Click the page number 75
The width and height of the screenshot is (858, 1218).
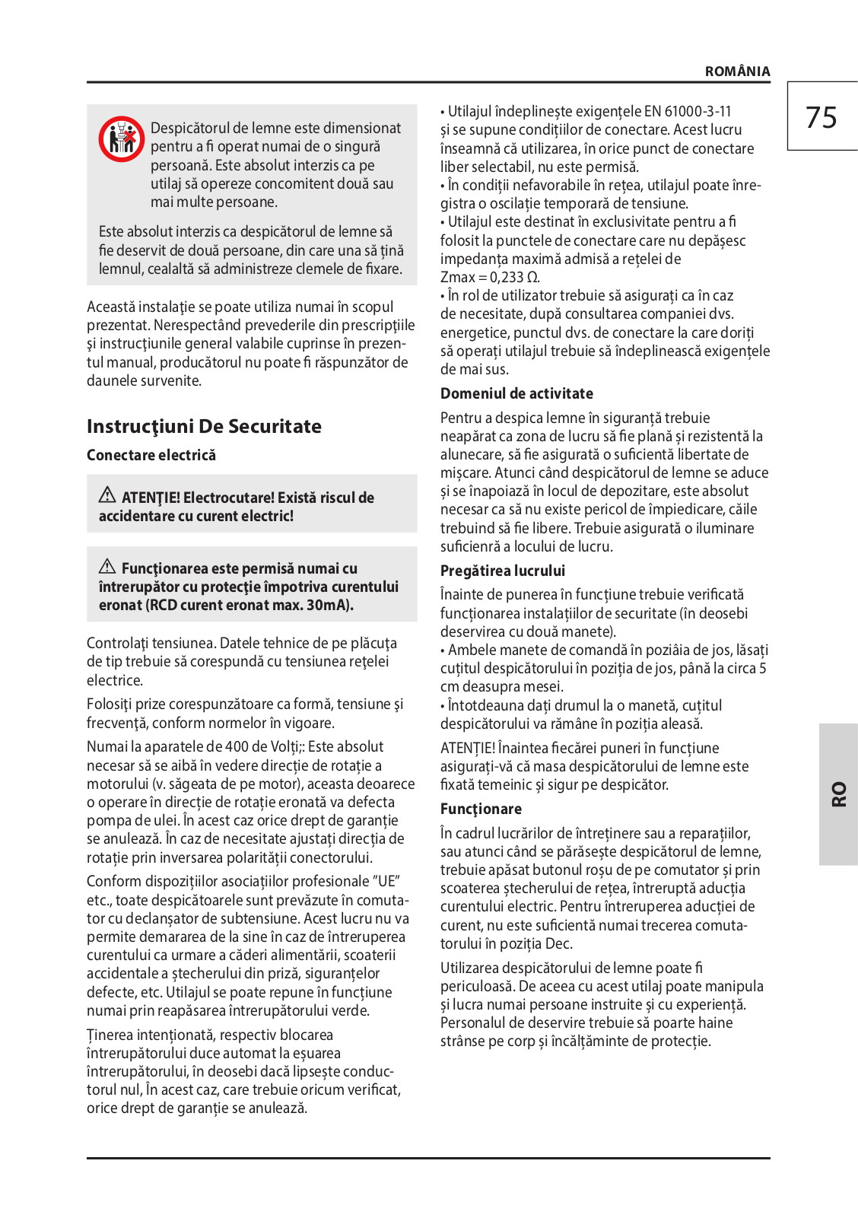821,118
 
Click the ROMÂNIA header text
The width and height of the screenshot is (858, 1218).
737,72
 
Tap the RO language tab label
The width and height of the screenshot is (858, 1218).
838,793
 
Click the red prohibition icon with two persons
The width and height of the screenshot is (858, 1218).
121,138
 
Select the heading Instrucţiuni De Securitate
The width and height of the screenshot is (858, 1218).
204,426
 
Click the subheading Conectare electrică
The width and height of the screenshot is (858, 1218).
151,455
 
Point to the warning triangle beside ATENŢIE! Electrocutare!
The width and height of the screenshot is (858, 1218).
107,495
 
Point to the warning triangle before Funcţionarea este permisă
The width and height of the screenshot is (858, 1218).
107,567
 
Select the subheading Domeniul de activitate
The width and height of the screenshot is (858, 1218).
516,393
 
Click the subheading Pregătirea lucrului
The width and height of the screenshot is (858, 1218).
503,571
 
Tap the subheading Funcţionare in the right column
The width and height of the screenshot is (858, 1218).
481,809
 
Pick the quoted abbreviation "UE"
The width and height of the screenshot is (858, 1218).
386,882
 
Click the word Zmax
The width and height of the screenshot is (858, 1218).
457,278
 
